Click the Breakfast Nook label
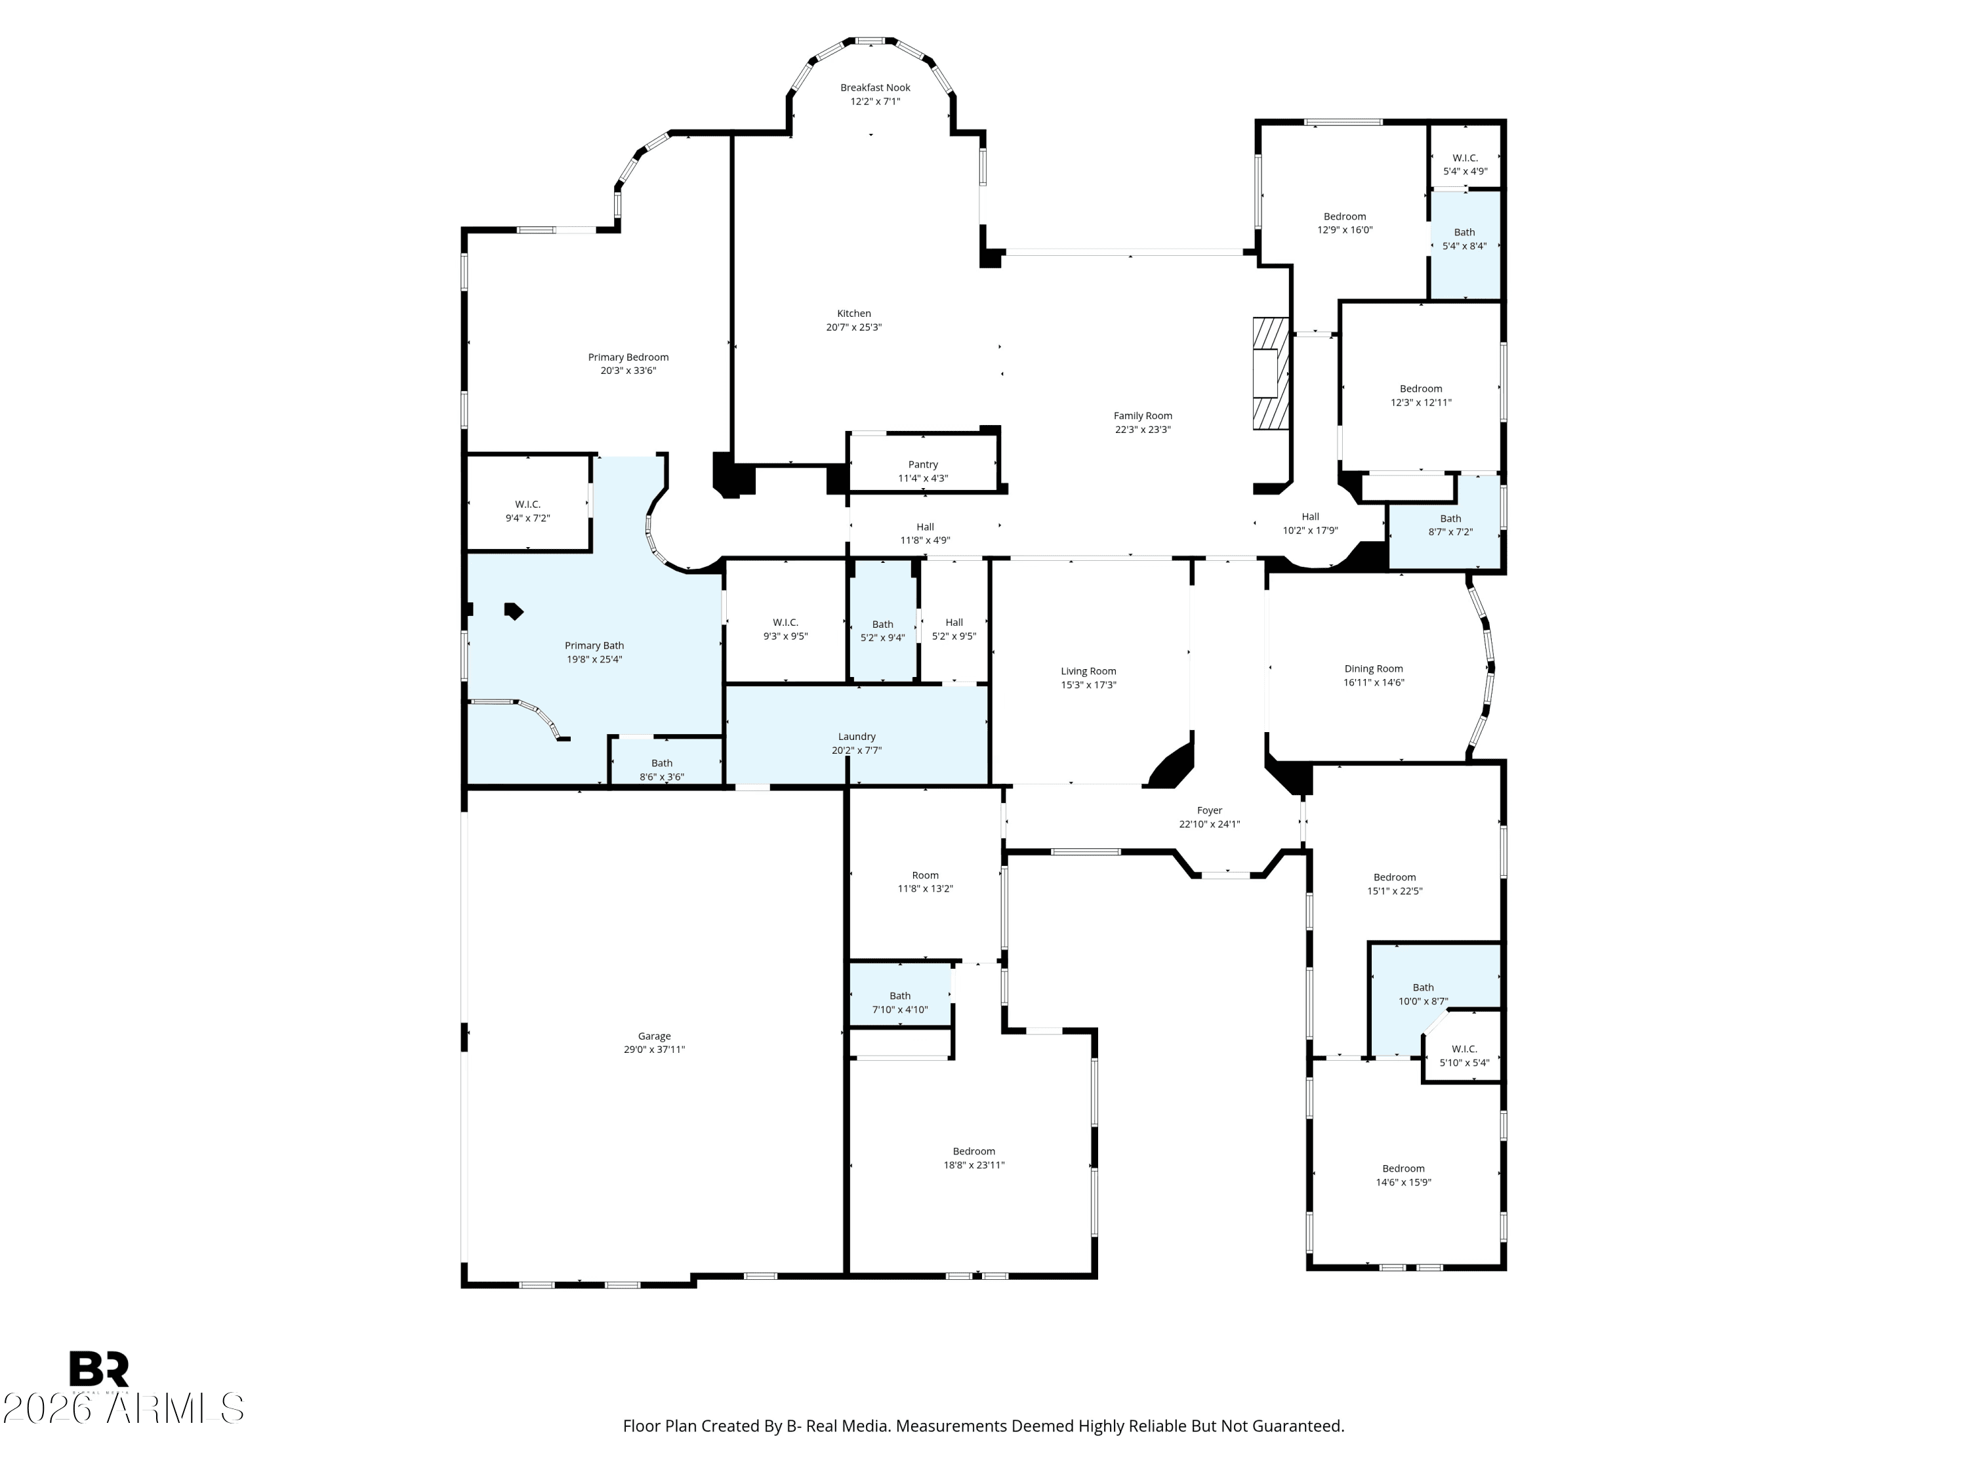click(x=876, y=87)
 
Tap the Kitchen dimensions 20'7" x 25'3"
click(x=854, y=327)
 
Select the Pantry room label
click(x=924, y=464)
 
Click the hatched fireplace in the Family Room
click(x=1271, y=374)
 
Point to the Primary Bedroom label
click(x=628, y=358)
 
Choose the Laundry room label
click(x=857, y=737)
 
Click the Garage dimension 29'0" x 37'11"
click(x=654, y=1050)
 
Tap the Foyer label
click(x=1209, y=811)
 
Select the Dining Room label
click(x=1374, y=669)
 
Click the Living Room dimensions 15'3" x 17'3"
click(x=1088, y=685)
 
